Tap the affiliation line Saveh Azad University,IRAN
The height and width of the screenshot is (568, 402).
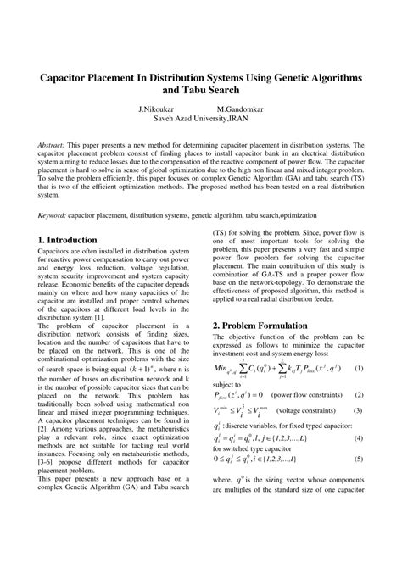tap(201, 120)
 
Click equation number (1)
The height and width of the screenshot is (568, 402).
tap(359, 369)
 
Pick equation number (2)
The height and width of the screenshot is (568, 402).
tap(359, 396)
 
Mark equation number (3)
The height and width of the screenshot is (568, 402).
tap(359, 411)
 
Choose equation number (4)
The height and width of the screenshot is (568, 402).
tap(359, 438)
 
